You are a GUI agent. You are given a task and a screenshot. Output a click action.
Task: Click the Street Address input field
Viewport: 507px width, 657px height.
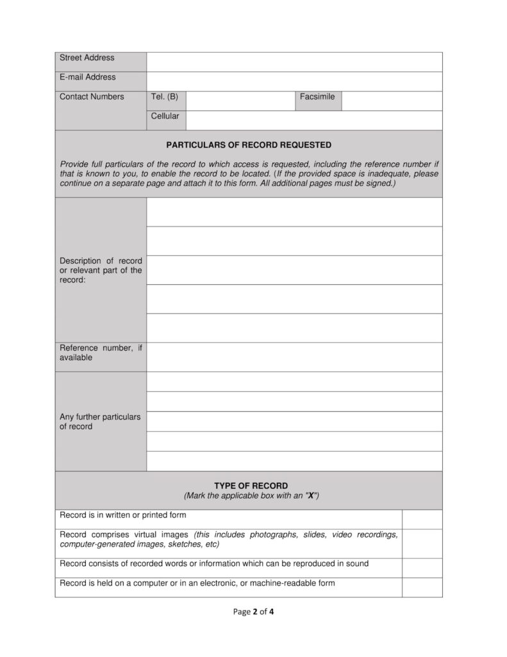(294, 62)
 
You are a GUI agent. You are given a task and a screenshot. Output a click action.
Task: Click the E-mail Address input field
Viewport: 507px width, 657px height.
(294, 81)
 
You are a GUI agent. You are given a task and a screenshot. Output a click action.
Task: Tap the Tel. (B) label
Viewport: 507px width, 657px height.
(165, 97)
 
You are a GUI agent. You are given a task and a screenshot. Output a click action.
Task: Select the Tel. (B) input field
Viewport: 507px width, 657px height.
(240, 101)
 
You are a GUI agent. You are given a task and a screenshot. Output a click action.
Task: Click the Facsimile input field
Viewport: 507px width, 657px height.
(392, 101)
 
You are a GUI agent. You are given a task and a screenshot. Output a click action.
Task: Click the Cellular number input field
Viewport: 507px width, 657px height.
(314, 120)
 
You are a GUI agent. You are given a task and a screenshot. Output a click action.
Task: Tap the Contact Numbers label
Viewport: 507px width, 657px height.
(92, 97)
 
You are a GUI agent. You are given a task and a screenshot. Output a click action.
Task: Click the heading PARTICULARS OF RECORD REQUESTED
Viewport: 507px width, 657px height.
(249, 145)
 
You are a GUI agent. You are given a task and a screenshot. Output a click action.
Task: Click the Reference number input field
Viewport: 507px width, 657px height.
(294, 357)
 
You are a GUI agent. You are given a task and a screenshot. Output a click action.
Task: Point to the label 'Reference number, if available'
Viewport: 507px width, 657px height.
(101, 352)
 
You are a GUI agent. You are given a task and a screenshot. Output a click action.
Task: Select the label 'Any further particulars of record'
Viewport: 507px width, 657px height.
(99, 422)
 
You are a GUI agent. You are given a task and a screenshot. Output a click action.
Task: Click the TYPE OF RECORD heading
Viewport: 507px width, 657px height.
(251, 486)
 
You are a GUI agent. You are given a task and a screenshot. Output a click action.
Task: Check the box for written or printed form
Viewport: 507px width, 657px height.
(422, 519)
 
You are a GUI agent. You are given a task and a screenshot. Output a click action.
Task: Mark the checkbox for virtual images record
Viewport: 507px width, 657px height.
(422, 543)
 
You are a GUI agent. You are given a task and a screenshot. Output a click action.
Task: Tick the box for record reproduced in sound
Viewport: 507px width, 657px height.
(422, 568)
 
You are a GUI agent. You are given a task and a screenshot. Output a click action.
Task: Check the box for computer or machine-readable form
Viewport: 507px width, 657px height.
(422, 587)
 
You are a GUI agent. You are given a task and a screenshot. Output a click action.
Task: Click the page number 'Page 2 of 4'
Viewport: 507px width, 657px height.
(254, 611)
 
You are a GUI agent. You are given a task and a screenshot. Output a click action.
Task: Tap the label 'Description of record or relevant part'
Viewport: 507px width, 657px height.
(101, 270)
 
